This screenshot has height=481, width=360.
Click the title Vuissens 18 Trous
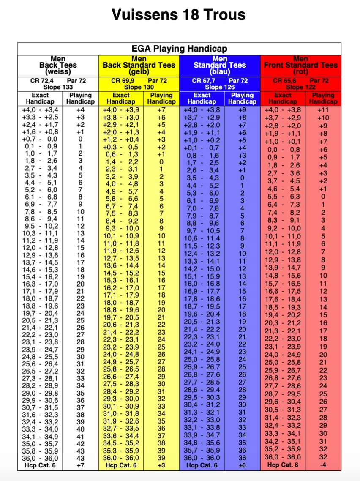(x=179, y=15)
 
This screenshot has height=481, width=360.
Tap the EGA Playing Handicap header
(x=179, y=49)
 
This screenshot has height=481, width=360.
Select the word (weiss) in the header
(x=58, y=71)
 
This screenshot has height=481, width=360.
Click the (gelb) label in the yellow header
(x=139, y=71)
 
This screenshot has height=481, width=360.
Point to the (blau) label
(x=220, y=71)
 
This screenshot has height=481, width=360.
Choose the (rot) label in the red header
(x=301, y=71)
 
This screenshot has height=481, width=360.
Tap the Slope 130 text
(x=139, y=87)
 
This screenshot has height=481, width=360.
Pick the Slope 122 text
(x=301, y=87)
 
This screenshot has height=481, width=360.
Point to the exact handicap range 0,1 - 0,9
(x=41, y=146)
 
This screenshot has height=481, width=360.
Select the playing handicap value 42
(x=80, y=444)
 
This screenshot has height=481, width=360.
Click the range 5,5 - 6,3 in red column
(x=283, y=197)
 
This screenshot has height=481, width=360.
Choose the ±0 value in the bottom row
(x=242, y=465)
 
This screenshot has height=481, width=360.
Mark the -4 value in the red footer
(x=323, y=465)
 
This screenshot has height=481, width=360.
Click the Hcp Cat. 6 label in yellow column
(x=121, y=465)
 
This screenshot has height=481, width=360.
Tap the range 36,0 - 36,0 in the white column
(x=41, y=458)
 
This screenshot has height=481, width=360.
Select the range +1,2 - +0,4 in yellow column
(x=121, y=139)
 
